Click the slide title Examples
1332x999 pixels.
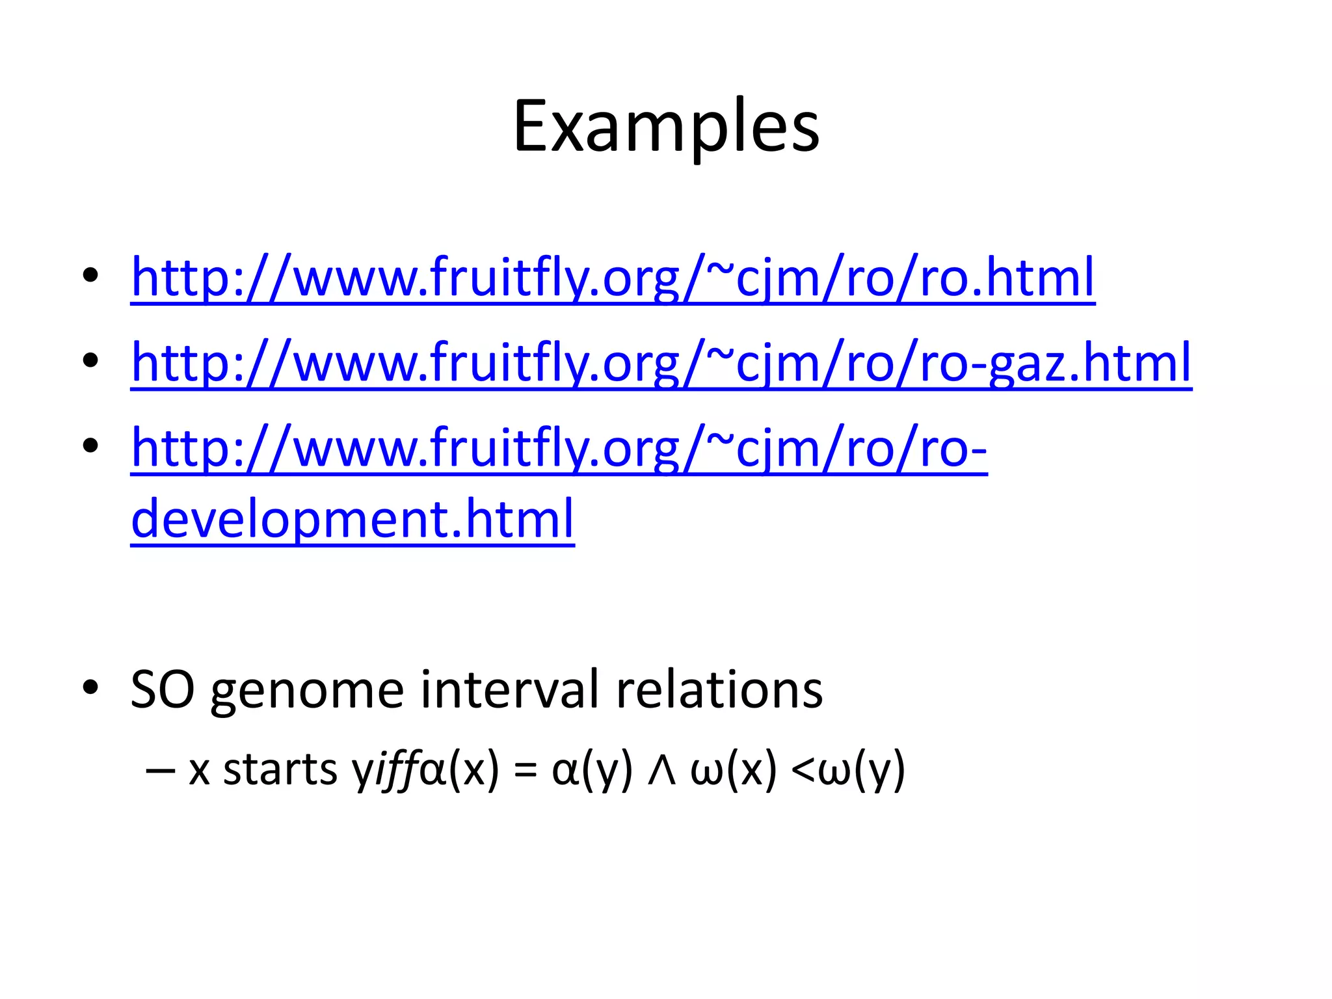666,127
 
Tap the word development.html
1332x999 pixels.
353,519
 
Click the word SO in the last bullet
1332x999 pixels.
163,689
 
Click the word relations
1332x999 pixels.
719,689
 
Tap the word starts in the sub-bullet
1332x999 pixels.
280,769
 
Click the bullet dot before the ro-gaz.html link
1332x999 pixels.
90,360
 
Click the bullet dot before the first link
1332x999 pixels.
90,275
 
